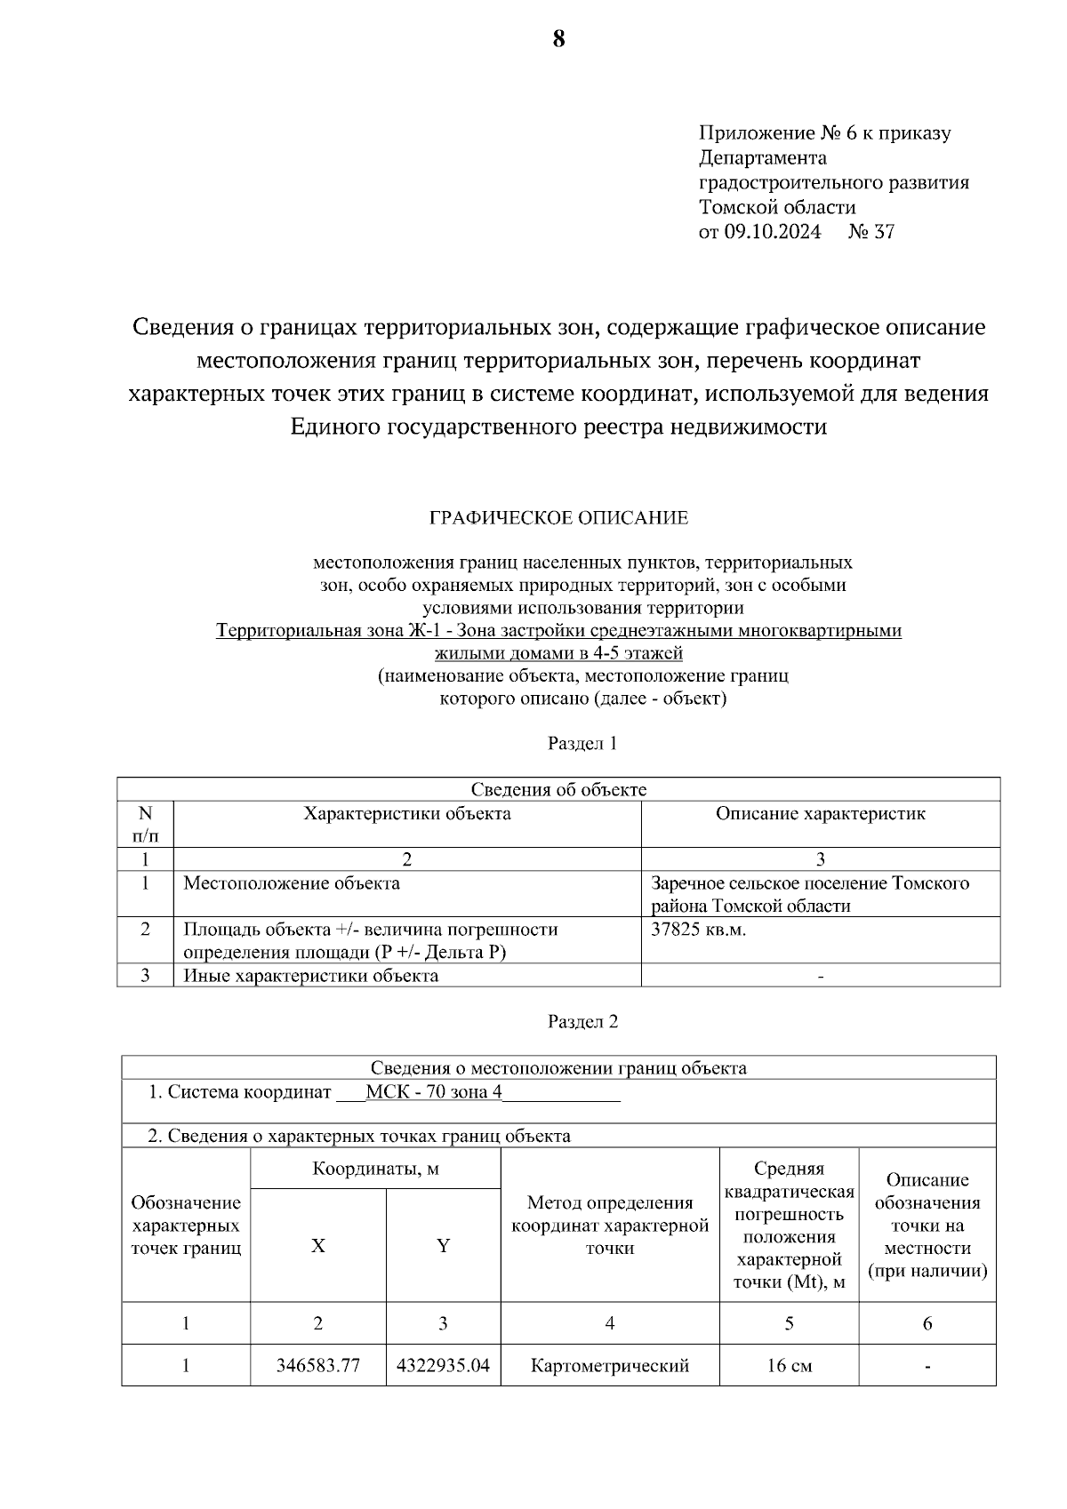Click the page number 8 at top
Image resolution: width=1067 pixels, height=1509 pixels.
558,40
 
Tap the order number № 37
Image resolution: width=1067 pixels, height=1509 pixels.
871,233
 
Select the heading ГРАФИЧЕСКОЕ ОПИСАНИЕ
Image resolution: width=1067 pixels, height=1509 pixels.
558,517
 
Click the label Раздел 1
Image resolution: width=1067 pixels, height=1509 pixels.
582,744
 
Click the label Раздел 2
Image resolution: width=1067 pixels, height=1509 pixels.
582,1022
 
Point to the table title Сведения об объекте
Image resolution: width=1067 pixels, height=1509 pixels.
558,790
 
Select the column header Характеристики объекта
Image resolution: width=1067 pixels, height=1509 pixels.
407,814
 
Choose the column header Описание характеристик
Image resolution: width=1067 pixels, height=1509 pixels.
820,814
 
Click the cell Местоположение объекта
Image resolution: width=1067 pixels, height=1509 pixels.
292,883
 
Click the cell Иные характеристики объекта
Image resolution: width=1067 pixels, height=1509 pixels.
311,976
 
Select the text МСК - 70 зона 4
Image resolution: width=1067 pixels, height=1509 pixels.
434,1092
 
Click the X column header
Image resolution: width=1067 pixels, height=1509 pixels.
317,1246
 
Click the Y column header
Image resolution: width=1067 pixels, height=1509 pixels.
443,1246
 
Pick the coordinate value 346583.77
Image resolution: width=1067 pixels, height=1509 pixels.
317,1366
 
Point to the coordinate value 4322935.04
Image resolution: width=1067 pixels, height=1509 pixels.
443,1366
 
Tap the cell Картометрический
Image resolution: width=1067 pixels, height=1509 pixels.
610,1366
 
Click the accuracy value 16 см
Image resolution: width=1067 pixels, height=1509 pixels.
789,1366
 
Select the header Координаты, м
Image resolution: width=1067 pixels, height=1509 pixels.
375,1169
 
